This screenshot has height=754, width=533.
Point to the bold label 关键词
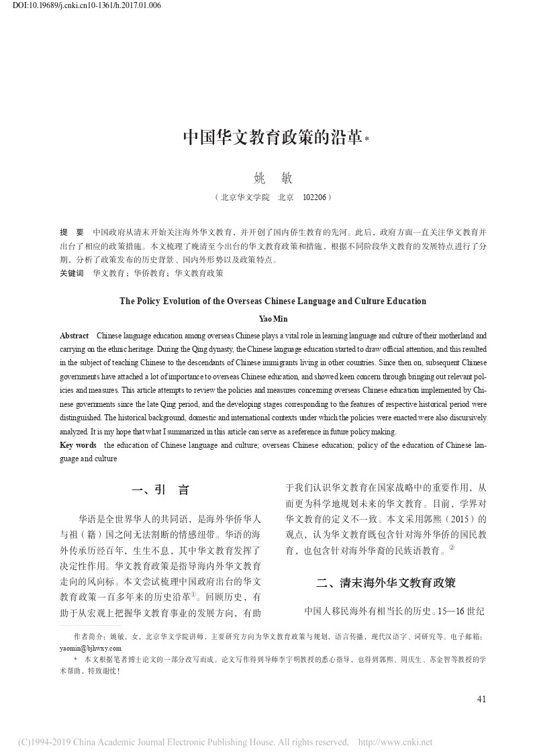click(x=72, y=273)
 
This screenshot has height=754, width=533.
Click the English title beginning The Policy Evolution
click(x=273, y=301)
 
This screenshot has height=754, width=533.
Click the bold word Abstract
click(x=74, y=335)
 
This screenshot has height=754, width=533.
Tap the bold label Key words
click(x=78, y=445)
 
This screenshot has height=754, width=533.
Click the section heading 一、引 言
click(x=161, y=490)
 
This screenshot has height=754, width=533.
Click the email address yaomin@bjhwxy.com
click(x=91, y=649)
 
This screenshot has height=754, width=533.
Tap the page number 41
click(x=481, y=699)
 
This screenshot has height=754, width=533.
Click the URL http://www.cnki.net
click(x=396, y=742)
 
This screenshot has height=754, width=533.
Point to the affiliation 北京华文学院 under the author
click(x=244, y=198)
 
